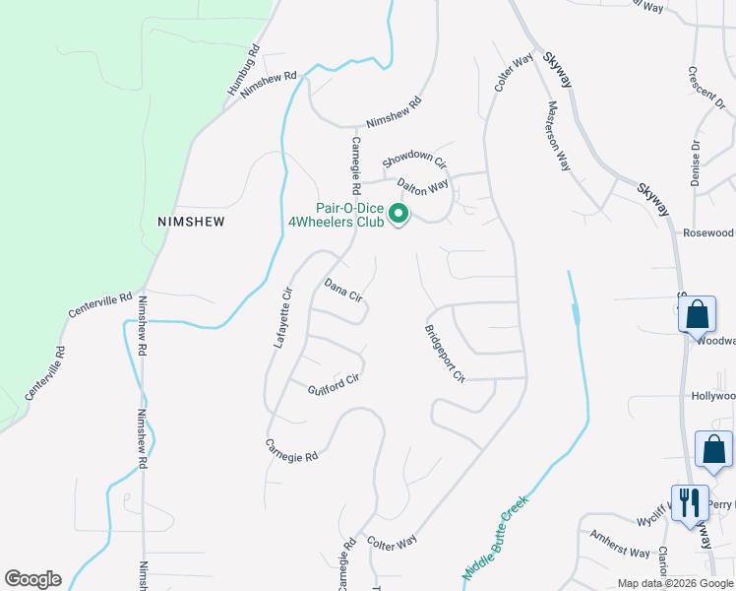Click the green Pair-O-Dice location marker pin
(399, 214)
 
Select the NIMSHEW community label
(191, 222)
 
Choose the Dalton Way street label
(422, 184)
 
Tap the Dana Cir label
(344, 290)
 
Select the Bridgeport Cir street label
(444, 353)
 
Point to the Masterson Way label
(559, 135)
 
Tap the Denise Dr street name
(696, 163)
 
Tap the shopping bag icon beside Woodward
(697, 315)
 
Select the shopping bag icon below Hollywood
(713, 449)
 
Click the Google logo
(32, 579)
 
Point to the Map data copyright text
(676, 583)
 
